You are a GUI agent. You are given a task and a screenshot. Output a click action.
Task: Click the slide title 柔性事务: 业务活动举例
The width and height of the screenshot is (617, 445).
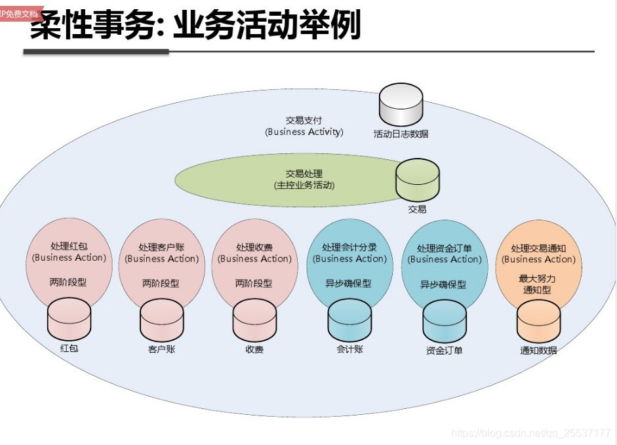pyautogui.click(x=195, y=26)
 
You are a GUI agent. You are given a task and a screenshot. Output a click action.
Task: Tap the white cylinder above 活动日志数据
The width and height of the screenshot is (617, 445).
pyautogui.click(x=401, y=105)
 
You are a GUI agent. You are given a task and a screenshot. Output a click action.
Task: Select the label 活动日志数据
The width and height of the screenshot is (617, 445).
pyautogui.click(x=401, y=134)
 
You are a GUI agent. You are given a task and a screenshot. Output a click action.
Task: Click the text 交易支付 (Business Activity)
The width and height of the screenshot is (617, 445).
pyautogui.click(x=304, y=126)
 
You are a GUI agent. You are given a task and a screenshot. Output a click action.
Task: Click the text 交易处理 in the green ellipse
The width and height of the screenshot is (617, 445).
pyautogui.click(x=304, y=174)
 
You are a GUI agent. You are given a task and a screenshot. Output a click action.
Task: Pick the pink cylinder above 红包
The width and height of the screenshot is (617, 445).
pyautogui.click(x=69, y=319)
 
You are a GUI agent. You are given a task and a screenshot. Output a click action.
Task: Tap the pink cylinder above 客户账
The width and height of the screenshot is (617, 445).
pyautogui.click(x=161, y=320)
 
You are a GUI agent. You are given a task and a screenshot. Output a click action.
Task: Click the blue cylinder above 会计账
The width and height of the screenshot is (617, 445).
pyautogui.click(x=349, y=320)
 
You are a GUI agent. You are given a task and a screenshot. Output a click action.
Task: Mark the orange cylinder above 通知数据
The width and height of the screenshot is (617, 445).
pyautogui.click(x=538, y=321)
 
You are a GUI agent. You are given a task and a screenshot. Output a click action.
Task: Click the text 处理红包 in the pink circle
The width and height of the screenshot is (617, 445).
pyautogui.click(x=69, y=246)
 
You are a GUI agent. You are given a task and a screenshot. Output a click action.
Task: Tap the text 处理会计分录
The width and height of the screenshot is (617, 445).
pyautogui.click(x=349, y=248)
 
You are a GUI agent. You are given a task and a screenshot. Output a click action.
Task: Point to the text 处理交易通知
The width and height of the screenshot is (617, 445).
pyautogui.click(x=538, y=248)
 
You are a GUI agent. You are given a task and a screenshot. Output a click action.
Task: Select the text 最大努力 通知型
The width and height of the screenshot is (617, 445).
pyautogui.click(x=538, y=284)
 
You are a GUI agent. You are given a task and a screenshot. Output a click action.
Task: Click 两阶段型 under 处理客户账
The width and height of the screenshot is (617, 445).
pyautogui.click(x=161, y=283)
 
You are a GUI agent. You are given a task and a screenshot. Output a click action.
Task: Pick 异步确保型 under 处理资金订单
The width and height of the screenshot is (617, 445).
pyautogui.click(x=443, y=284)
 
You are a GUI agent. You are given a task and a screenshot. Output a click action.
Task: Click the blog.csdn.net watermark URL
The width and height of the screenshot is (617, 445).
pyautogui.click(x=531, y=433)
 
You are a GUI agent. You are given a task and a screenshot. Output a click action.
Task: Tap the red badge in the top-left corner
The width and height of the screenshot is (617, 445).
pyautogui.click(x=19, y=13)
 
